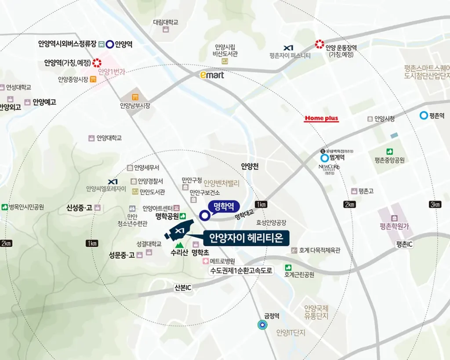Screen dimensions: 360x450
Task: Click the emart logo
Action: click(x=212, y=75)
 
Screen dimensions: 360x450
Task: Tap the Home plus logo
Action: click(x=321, y=119)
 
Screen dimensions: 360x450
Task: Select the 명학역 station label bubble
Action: click(x=223, y=205)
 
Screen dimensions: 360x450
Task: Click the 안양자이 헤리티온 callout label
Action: click(x=246, y=238)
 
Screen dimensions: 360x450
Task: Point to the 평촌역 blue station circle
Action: click(x=424, y=115)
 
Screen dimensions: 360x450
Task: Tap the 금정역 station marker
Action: click(x=262, y=325)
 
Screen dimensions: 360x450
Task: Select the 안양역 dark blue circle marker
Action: click(x=110, y=44)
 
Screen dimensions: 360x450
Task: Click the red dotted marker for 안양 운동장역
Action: click(x=319, y=44)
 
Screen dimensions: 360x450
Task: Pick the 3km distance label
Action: click(x=435, y=205)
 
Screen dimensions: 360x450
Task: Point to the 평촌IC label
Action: click(x=404, y=244)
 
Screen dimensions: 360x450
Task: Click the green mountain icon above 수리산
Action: click(x=179, y=245)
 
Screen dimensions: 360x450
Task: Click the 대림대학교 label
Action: click(x=166, y=22)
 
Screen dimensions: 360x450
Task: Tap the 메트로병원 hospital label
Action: click(x=225, y=261)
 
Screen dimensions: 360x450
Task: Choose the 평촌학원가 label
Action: click(x=394, y=227)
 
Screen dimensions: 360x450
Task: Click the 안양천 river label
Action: click(x=250, y=166)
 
